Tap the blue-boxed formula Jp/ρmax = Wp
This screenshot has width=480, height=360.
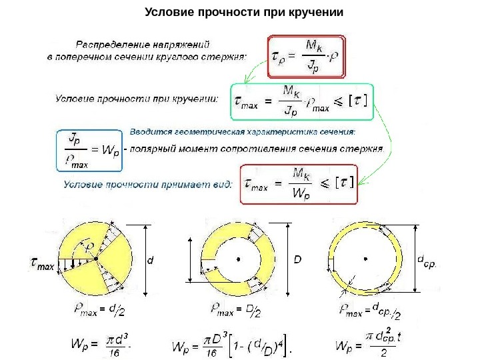click(89, 149)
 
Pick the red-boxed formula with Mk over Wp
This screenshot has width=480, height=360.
click(301, 185)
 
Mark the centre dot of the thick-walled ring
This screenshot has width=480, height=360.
click(237, 257)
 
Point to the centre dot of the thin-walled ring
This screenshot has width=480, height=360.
click(365, 257)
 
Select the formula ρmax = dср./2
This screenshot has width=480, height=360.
click(369, 309)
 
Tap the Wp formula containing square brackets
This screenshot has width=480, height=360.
click(233, 346)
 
